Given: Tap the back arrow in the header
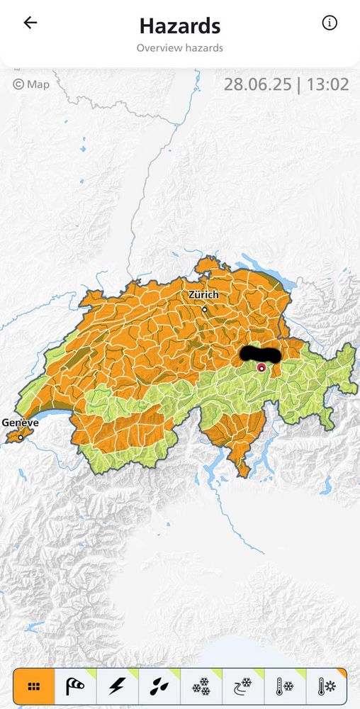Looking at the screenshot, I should (30, 23).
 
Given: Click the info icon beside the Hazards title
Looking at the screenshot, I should (330, 23).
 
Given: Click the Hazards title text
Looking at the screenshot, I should (179, 26).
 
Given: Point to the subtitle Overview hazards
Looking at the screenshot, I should (179, 48).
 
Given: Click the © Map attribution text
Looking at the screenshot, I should (31, 84).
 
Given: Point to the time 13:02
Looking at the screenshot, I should (328, 84).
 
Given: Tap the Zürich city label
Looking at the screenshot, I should (203, 294).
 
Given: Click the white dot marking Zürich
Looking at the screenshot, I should (205, 309).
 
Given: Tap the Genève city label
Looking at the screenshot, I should (20, 423).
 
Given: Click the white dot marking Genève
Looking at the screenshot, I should (21, 437).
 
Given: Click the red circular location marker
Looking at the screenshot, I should (261, 367).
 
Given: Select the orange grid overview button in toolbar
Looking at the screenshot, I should (34, 686).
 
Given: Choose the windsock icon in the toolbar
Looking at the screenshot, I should (75, 686).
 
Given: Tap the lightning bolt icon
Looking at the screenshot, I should (117, 686).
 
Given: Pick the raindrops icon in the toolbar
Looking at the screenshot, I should (159, 686).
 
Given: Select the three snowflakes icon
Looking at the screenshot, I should (201, 686).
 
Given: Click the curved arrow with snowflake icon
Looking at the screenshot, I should (242, 686).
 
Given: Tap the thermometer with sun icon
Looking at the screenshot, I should (326, 686).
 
